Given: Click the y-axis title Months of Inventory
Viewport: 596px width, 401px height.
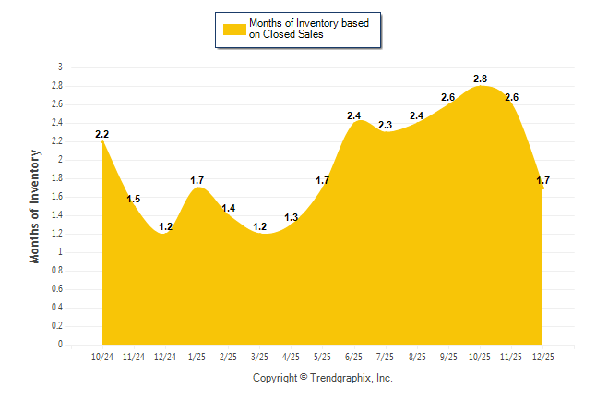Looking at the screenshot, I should [35, 205].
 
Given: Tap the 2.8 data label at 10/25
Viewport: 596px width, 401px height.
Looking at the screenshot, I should [480, 79].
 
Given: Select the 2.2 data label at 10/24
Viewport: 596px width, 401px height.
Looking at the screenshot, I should [102, 134].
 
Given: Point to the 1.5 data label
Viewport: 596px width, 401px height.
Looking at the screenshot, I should [134, 199].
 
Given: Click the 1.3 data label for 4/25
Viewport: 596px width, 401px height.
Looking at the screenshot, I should [291, 217].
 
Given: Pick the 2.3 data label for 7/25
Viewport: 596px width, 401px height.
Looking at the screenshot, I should [386, 125].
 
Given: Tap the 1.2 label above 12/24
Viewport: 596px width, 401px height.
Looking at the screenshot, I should [166, 226].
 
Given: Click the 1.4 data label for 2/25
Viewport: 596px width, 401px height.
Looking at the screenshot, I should [229, 208].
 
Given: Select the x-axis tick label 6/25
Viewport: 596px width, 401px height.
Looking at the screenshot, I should [353, 355].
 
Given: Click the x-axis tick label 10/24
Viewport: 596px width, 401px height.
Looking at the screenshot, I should [102, 355].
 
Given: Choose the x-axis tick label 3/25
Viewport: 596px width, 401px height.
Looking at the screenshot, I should [259, 355].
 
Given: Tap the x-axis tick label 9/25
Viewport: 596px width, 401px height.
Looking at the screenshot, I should [447, 355].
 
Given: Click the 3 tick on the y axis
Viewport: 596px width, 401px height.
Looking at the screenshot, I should [60, 67].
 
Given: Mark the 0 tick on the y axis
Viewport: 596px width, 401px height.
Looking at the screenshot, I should [60, 345].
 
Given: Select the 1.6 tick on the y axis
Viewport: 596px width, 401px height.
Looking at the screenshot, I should [57, 197].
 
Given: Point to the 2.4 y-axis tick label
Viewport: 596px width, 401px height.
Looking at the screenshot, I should [57, 123].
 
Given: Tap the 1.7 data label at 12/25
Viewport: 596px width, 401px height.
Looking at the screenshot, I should [543, 180].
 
